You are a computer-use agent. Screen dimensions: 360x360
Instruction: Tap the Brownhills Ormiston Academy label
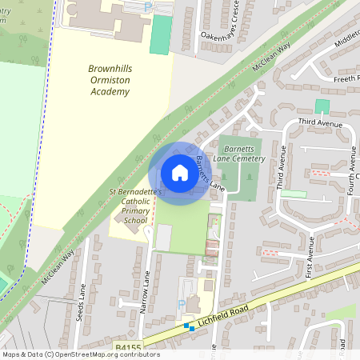pos(109,81)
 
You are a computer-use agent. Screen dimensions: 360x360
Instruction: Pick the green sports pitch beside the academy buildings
pos(161,34)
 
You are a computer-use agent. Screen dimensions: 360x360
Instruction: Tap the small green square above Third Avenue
pos(322,106)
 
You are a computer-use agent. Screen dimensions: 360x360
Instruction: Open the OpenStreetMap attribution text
pos(81,354)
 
